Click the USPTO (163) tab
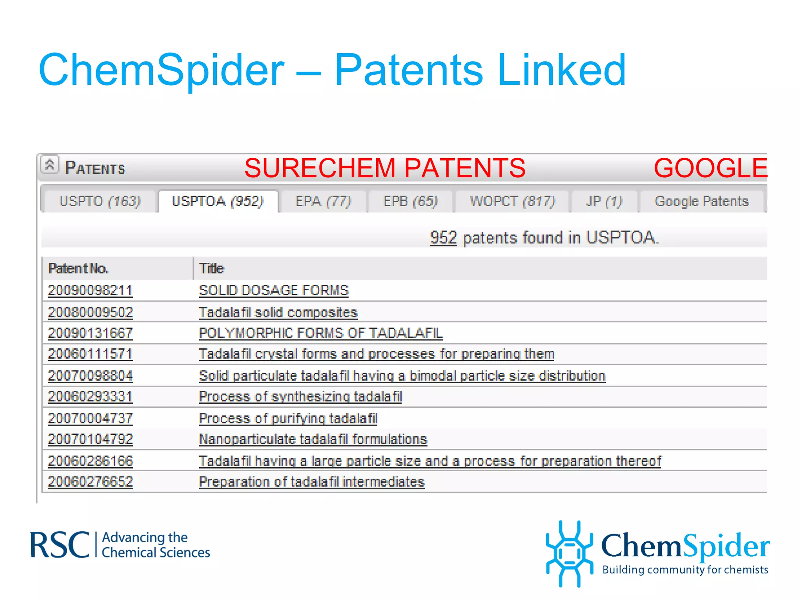tap(100, 201)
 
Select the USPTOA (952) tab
tap(218, 201)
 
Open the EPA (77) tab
tap(323, 201)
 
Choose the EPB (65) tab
tap(410, 201)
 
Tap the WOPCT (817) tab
tap(512, 201)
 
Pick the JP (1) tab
tap(604, 201)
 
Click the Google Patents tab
tap(702, 201)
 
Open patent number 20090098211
tap(90, 291)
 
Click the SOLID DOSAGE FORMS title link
tap(273, 291)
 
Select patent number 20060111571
tap(90, 354)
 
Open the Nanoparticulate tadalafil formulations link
tap(313, 439)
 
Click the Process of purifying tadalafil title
tap(288, 418)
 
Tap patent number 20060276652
tap(90, 482)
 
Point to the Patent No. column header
tap(78, 269)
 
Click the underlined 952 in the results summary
tap(443, 237)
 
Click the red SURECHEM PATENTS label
tap(385, 168)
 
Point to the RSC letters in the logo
tap(60, 545)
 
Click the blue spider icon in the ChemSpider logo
tap(570, 553)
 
